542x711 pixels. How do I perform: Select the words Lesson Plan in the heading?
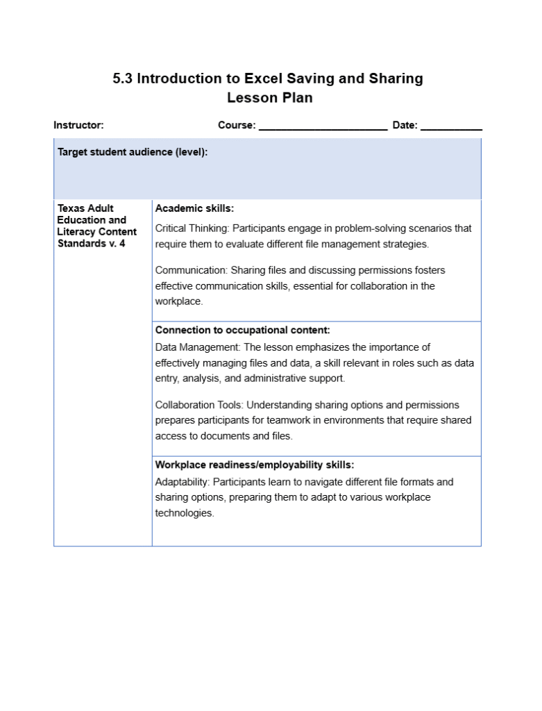point(270,98)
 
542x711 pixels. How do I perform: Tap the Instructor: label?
point(78,126)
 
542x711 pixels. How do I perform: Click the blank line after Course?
point(323,128)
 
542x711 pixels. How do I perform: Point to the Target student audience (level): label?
point(133,152)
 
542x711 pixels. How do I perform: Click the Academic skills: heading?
point(194,208)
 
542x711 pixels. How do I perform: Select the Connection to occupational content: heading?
point(242,331)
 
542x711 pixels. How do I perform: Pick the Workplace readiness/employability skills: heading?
point(254,465)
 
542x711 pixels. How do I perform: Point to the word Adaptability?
point(182,482)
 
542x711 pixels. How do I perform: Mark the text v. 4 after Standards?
point(117,244)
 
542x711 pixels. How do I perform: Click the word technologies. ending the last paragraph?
point(185,513)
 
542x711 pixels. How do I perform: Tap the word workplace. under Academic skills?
point(179,301)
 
